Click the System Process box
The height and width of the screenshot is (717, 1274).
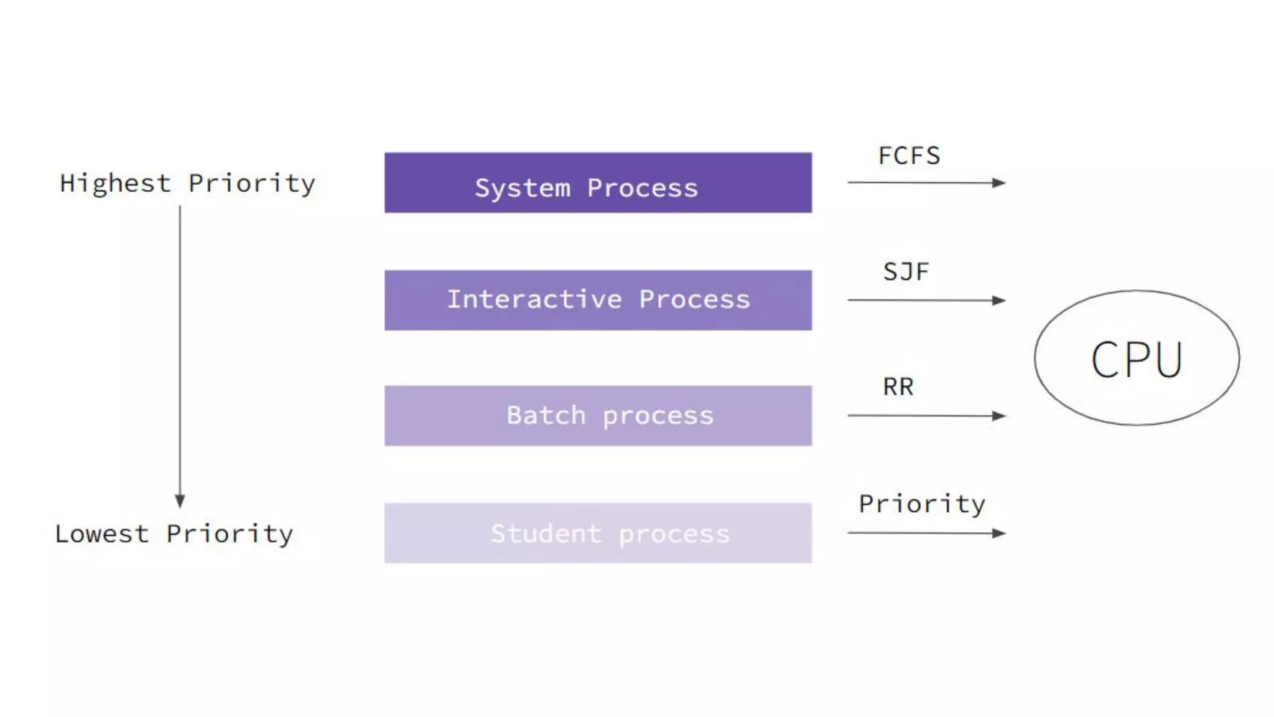point(597,182)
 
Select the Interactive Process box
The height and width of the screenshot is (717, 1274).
point(597,299)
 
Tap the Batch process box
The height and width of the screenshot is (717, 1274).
point(597,415)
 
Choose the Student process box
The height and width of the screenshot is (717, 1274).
point(597,533)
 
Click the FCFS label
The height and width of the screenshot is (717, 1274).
point(909,156)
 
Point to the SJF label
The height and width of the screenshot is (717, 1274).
point(906,272)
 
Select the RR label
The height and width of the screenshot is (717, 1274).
point(898,387)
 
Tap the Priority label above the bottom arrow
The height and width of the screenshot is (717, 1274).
point(922,504)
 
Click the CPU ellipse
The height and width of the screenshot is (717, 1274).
point(1137,358)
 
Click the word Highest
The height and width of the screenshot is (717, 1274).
point(115,184)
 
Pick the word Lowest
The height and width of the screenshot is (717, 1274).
point(101,534)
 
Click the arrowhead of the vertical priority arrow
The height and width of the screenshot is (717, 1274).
point(180,501)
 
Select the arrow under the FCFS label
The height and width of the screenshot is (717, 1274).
point(926,182)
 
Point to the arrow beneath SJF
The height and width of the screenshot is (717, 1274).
point(926,300)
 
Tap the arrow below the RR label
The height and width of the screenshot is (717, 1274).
point(926,415)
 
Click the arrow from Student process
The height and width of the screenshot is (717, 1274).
point(926,533)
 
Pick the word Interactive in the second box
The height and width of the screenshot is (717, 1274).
point(534,299)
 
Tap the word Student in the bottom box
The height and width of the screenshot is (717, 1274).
point(546,533)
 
